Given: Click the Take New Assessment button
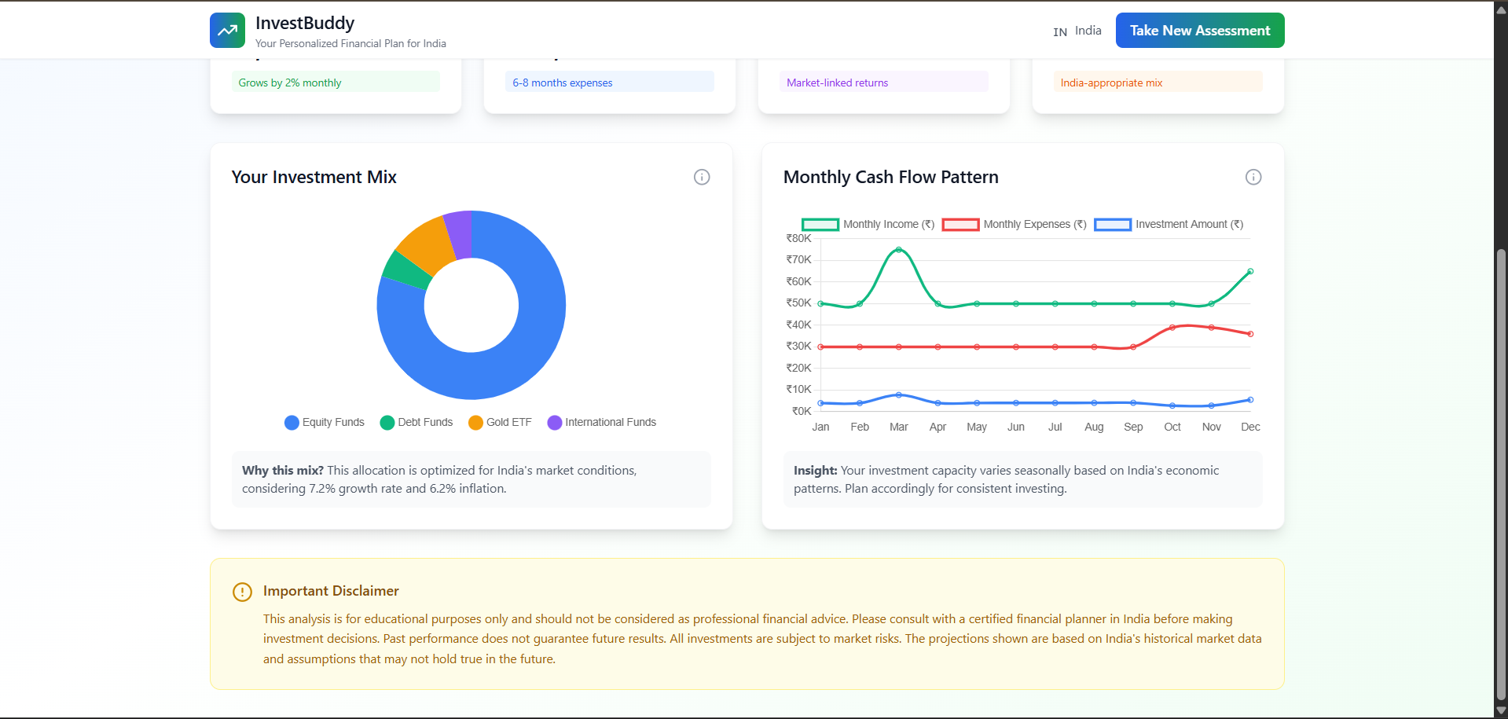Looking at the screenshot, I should [x=1199, y=31].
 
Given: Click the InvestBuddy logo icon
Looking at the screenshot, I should [x=227, y=31].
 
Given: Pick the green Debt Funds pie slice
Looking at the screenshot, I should [x=405, y=272].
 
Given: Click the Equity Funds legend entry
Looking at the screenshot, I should [x=325, y=422].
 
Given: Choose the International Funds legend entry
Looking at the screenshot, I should [x=602, y=422].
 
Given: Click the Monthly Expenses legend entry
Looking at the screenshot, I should [x=1014, y=225].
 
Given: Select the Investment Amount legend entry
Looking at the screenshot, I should [x=1169, y=225].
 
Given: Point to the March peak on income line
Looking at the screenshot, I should [x=898, y=250].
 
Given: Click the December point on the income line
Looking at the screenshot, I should [x=1250, y=272].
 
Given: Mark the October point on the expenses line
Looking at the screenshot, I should [x=1172, y=328].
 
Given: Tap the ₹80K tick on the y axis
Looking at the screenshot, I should [x=798, y=239].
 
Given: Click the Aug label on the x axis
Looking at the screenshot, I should [x=1094, y=427].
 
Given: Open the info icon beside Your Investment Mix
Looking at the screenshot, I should [x=702, y=177].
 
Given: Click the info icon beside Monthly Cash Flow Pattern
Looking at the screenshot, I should [x=1253, y=177].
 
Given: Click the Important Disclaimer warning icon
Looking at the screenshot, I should [x=242, y=592].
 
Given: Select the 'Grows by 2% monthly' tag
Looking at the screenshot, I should [x=290, y=83].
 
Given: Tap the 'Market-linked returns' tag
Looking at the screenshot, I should [x=837, y=83].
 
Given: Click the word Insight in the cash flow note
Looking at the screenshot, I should [x=815, y=471].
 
